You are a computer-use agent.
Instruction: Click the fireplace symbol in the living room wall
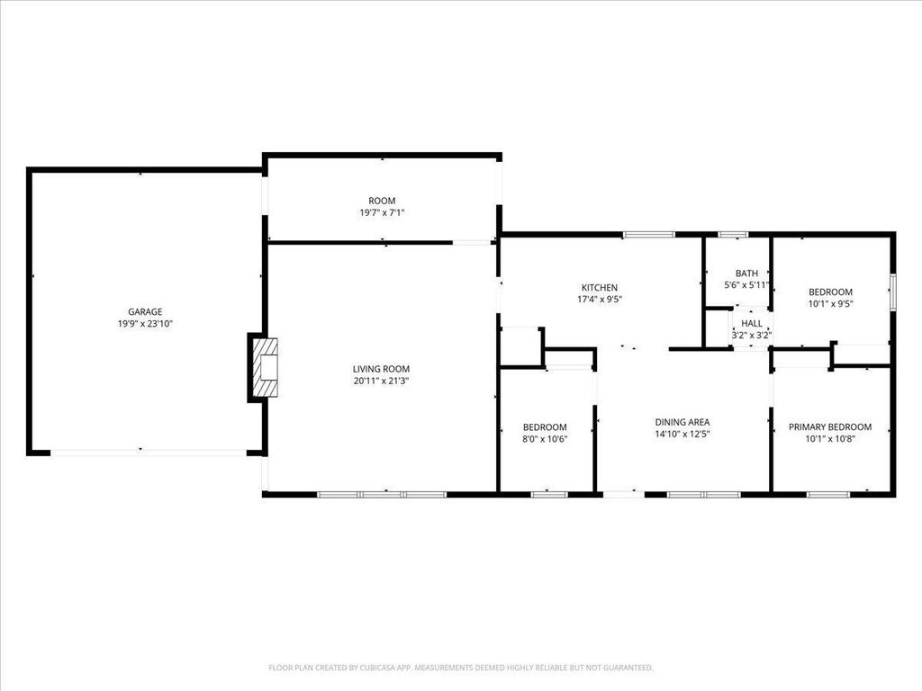pos(265,368)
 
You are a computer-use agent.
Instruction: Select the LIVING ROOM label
pos(381,369)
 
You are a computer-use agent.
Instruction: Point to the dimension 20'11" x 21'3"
pos(381,381)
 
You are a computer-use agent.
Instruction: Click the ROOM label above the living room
pos(382,201)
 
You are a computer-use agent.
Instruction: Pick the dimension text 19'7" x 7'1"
pos(382,212)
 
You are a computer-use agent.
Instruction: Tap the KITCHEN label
pos(599,288)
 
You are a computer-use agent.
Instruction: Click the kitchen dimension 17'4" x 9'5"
pos(599,300)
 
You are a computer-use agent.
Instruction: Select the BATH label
pos(746,274)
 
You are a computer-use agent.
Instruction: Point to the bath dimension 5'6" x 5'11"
pos(746,285)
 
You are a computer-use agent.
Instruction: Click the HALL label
pos(752,324)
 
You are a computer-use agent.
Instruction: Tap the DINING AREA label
pos(682,422)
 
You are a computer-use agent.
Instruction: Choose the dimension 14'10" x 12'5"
pos(682,434)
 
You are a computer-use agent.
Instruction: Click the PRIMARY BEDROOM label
pos(830,427)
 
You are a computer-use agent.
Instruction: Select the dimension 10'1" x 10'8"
pos(830,439)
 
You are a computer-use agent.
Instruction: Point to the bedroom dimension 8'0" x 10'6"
pos(546,439)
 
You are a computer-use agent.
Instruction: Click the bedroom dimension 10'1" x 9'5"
pos(830,304)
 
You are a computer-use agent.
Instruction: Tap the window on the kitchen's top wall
pos(648,235)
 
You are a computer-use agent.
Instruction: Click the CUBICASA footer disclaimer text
pos(461,668)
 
